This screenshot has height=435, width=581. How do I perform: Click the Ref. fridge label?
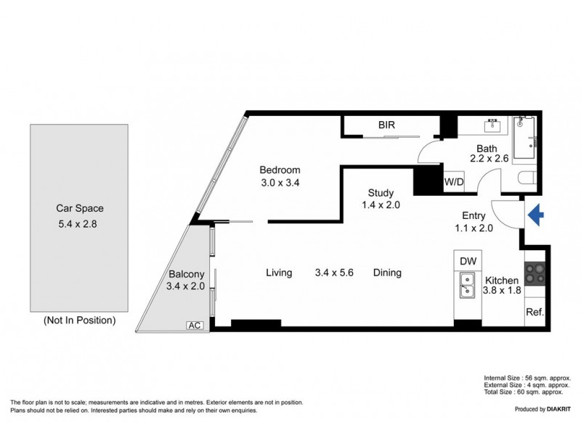pos(535,313)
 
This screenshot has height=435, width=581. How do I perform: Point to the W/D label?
pos(454,182)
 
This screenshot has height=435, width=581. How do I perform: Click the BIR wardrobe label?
pos(386,125)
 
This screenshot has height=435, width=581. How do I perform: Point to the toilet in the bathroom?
pos(528,179)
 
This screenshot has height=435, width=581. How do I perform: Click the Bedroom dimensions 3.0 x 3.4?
pos(280,183)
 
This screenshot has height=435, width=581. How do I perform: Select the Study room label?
pos(381,193)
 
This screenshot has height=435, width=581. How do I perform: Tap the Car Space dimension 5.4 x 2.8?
pos(78,225)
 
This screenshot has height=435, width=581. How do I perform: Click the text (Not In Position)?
pos(79,320)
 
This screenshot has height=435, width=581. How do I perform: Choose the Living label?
pos(279,273)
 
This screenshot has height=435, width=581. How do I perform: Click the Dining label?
pos(387,273)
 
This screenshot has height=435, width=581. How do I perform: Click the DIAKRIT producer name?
pos(553,410)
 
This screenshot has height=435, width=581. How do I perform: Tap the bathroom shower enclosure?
pos(524,138)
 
